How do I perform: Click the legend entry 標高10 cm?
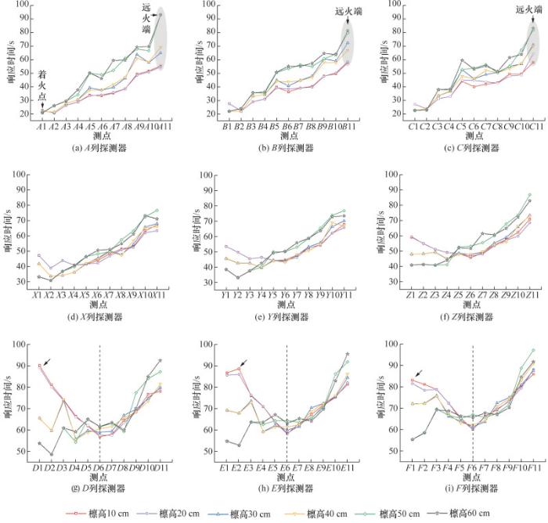[92, 514]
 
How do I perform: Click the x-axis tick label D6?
[99, 467]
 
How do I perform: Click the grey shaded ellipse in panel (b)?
[346, 39]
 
